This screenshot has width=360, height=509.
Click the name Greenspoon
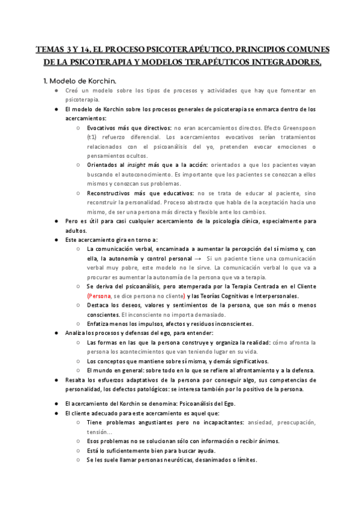(x=297, y=128)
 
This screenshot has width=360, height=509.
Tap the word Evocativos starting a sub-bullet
(x=103, y=128)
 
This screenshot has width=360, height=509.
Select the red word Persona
(x=99, y=296)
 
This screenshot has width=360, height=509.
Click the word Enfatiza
(x=100, y=324)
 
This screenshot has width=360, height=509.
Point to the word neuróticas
(x=193, y=460)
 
